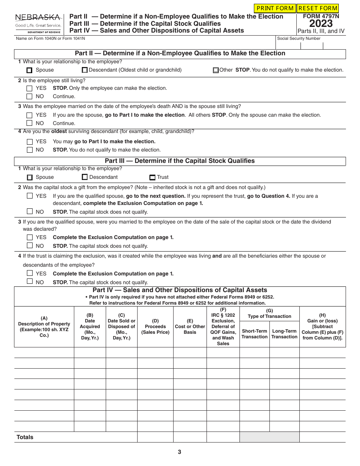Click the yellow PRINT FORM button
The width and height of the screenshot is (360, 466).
275,8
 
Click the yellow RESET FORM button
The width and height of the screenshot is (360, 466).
318,8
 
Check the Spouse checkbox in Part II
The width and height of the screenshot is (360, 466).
30,70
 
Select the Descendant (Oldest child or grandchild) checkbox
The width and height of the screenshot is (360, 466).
85,70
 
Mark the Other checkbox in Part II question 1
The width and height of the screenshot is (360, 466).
216,70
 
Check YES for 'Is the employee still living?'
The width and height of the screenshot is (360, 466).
30,88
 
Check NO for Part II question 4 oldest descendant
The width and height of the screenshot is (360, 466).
30,150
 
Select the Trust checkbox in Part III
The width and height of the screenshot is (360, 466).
152,177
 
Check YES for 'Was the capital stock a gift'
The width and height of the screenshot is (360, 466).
30,196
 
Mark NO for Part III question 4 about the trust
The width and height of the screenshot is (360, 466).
30,281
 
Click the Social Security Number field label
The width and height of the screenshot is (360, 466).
299,38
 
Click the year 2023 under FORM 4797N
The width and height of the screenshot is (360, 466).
321,24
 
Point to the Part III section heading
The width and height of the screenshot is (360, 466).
180,161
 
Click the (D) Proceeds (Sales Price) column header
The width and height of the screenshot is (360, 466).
155,327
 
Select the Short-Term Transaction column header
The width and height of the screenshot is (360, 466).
254,334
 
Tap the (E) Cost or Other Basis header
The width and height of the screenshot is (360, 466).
190,327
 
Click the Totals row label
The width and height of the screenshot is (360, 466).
25,437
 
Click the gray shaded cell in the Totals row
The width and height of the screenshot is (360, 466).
269,437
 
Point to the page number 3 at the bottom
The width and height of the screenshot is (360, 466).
180,452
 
